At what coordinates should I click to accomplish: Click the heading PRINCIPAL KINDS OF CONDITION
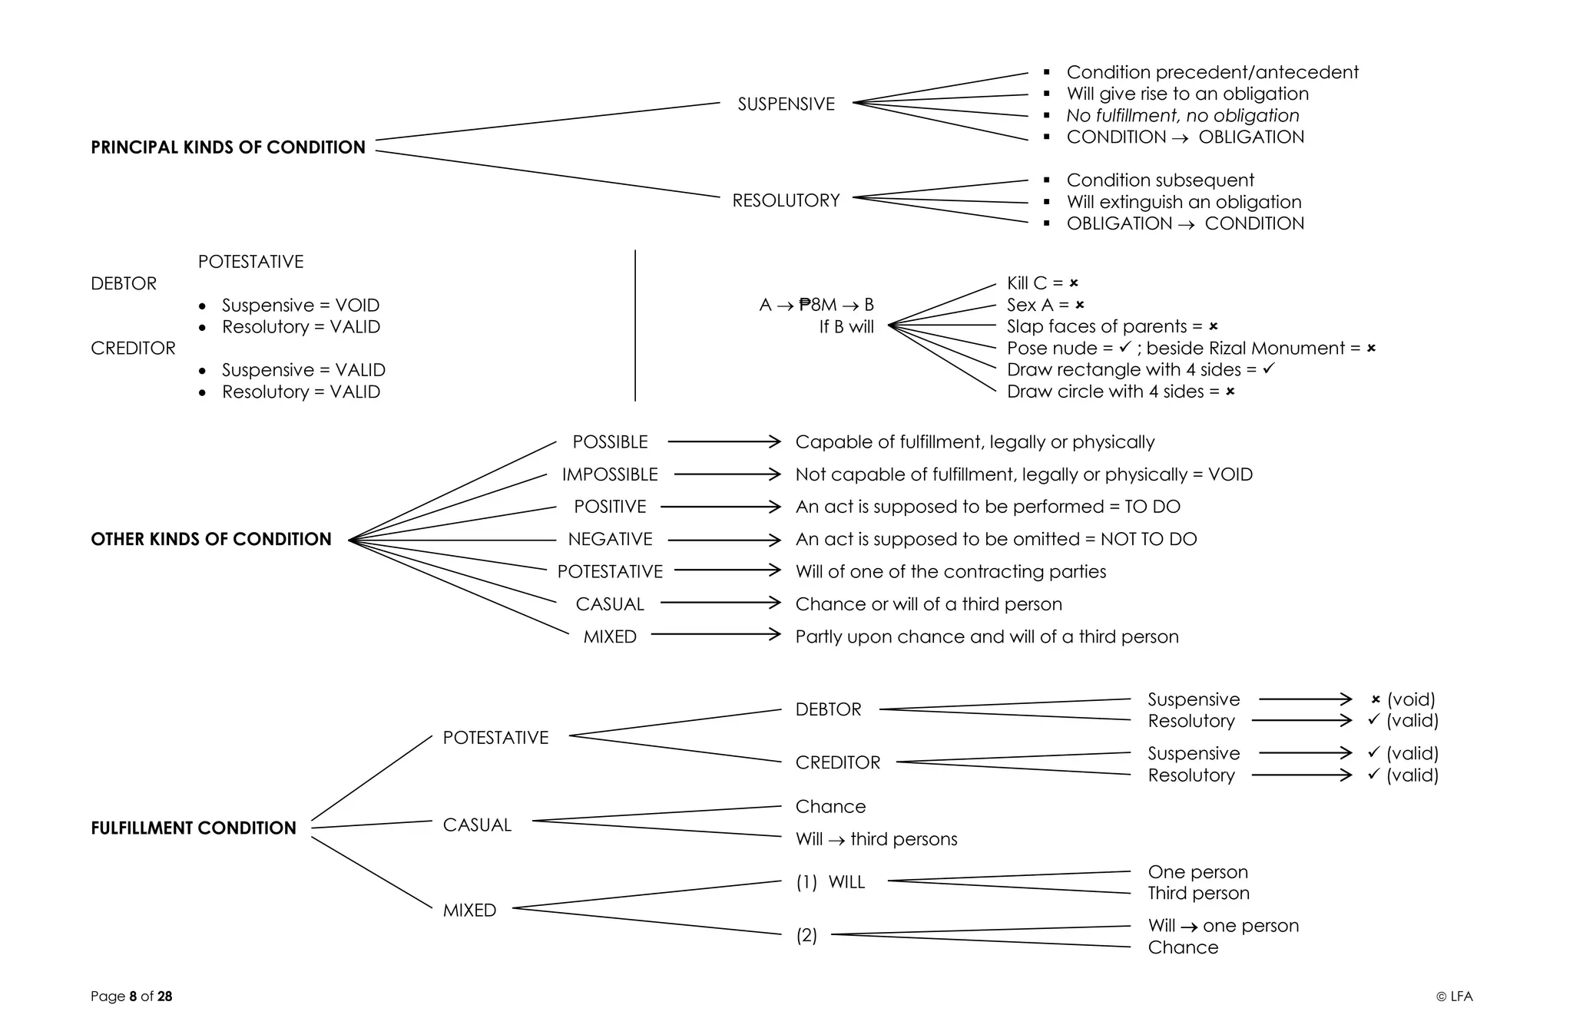pos(228,147)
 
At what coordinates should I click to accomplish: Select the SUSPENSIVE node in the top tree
pos(786,104)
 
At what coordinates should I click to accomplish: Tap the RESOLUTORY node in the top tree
pos(786,200)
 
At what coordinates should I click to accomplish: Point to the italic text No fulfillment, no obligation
pos(1182,115)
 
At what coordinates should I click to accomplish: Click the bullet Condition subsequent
pos(1160,180)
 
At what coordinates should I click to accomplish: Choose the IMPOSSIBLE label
pos(610,474)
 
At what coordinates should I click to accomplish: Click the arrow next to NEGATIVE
pos(724,540)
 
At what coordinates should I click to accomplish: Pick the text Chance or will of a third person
pos(929,604)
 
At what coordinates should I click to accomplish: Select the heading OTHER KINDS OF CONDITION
pos(211,539)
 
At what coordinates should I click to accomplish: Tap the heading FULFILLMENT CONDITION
pos(194,828)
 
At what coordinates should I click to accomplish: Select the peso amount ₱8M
pos(817,305)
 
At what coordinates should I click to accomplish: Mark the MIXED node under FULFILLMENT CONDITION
pos(469,911)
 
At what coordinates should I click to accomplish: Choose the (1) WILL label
pos(830,882)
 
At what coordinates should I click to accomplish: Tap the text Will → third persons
pos(876,839)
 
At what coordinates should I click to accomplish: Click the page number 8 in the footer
pos(133,997)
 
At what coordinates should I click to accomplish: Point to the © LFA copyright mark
pos(1454,997)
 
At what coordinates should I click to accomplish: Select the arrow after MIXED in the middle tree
pos(715,634)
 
